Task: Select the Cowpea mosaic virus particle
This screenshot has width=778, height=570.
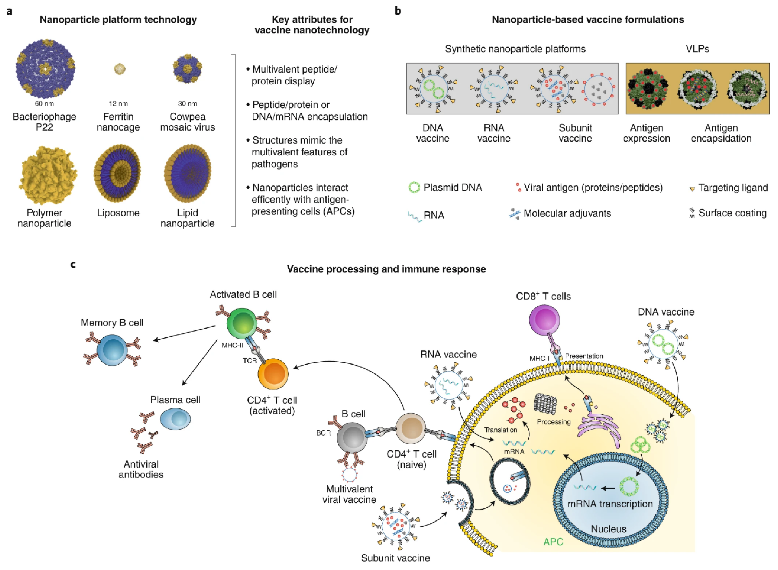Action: (x=187, y=68)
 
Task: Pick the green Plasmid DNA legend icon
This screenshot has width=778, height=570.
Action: (x=414, y=188)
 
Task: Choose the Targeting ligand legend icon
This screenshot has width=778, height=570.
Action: (x=692, y=189)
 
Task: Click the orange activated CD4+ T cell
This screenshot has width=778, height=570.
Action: (x=273, y=374)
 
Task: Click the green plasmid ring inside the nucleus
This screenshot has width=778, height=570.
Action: (x=629, y=486)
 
